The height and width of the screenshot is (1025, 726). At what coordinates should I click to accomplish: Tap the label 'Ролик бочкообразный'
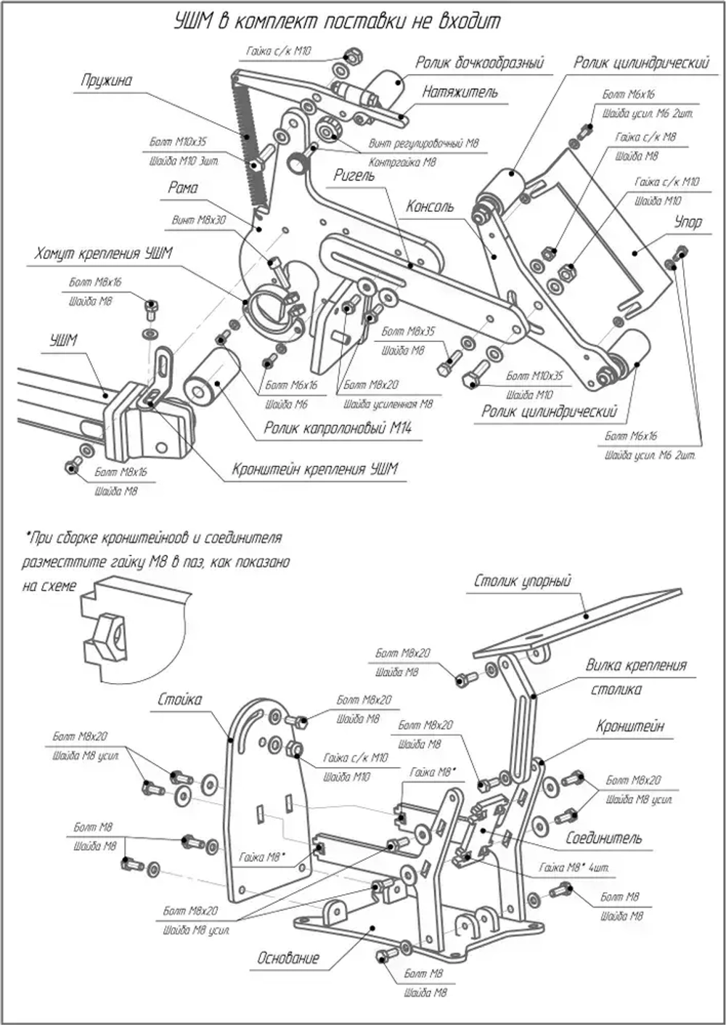(479, 63)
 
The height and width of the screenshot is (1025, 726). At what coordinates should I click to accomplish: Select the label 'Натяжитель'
(460, 92)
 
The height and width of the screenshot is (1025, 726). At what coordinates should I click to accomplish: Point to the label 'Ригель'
(354, 176)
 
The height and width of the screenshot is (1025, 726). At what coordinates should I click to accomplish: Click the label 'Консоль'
(430, 207)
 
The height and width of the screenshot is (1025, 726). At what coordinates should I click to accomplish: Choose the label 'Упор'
(688, 222)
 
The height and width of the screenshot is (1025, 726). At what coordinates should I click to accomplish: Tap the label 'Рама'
(183, 188)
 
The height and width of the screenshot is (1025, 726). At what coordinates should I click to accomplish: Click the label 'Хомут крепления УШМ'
(103, 253)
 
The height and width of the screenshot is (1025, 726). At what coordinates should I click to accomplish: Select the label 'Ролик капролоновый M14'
(338, 429)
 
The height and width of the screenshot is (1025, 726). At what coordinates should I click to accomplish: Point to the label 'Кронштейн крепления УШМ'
(315, 469)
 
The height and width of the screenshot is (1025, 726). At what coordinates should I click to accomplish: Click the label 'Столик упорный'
(523, 581)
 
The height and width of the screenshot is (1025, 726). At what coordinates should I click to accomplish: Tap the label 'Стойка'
(180, 700)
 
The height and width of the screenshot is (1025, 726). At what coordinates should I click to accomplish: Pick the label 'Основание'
(288, 958)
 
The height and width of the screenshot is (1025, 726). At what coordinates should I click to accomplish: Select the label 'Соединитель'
(604, 838)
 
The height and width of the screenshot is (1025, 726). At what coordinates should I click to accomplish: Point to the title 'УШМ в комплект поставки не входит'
(337, 21)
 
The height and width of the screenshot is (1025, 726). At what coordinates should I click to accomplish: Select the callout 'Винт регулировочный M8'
(424, 144)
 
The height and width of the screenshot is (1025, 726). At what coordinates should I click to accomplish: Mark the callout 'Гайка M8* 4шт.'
(574, 867)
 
